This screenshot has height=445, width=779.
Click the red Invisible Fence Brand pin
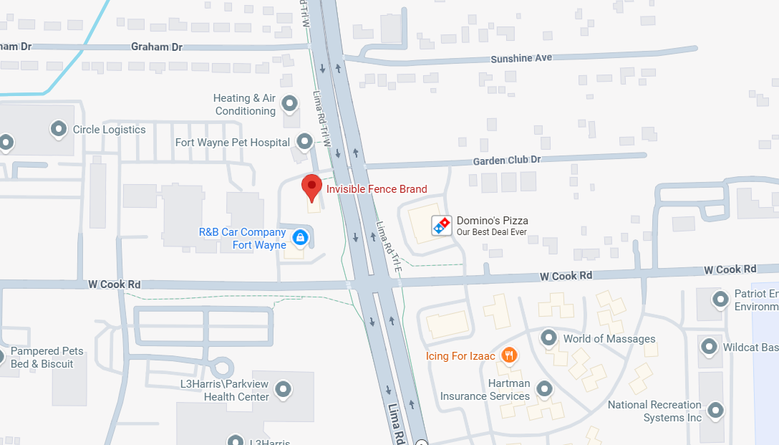pos(311,186)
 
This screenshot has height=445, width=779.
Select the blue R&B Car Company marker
pos(300,237)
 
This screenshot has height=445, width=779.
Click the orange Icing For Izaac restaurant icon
pos(509,355)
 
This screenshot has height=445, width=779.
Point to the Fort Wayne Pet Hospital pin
pos(305,141)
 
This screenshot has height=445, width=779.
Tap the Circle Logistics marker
pos(58,129)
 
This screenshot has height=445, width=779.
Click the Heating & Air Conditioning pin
pos(290,103)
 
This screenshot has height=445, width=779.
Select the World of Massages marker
pos(548,338)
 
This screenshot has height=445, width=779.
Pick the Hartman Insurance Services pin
pos(544,389)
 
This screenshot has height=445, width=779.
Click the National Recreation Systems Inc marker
pos(715,411)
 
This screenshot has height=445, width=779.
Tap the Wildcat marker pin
pos(710,347)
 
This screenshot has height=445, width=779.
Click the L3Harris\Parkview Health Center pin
pos(284,390)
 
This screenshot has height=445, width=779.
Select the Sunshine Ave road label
pos(521,58)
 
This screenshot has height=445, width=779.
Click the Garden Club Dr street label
pos(506,161)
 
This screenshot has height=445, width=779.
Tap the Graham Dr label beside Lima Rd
pos(157,47)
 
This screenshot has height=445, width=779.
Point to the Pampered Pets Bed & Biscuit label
pos(47,358)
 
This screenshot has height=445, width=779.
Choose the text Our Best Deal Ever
pos(492,232)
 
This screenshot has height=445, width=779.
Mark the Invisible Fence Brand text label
pos(377,189)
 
